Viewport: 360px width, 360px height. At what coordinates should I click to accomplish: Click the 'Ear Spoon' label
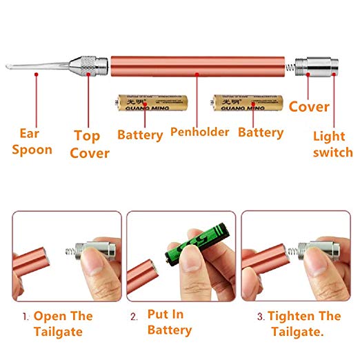tap(35, 141)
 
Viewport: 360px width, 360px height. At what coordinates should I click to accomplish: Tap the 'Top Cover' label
tap(89, 144)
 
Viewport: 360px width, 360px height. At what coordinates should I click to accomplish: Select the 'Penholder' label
tap(199, 131)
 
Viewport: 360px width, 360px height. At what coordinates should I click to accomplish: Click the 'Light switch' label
tap(332, 144)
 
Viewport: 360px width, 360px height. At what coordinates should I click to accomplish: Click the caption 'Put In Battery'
tap(170, 322)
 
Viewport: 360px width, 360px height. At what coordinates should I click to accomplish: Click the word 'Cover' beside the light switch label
tap(308, 107)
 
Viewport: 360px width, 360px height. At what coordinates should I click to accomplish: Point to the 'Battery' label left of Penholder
tap(140, 134)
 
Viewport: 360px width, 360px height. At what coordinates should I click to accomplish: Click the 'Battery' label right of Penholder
tap(260, 132)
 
